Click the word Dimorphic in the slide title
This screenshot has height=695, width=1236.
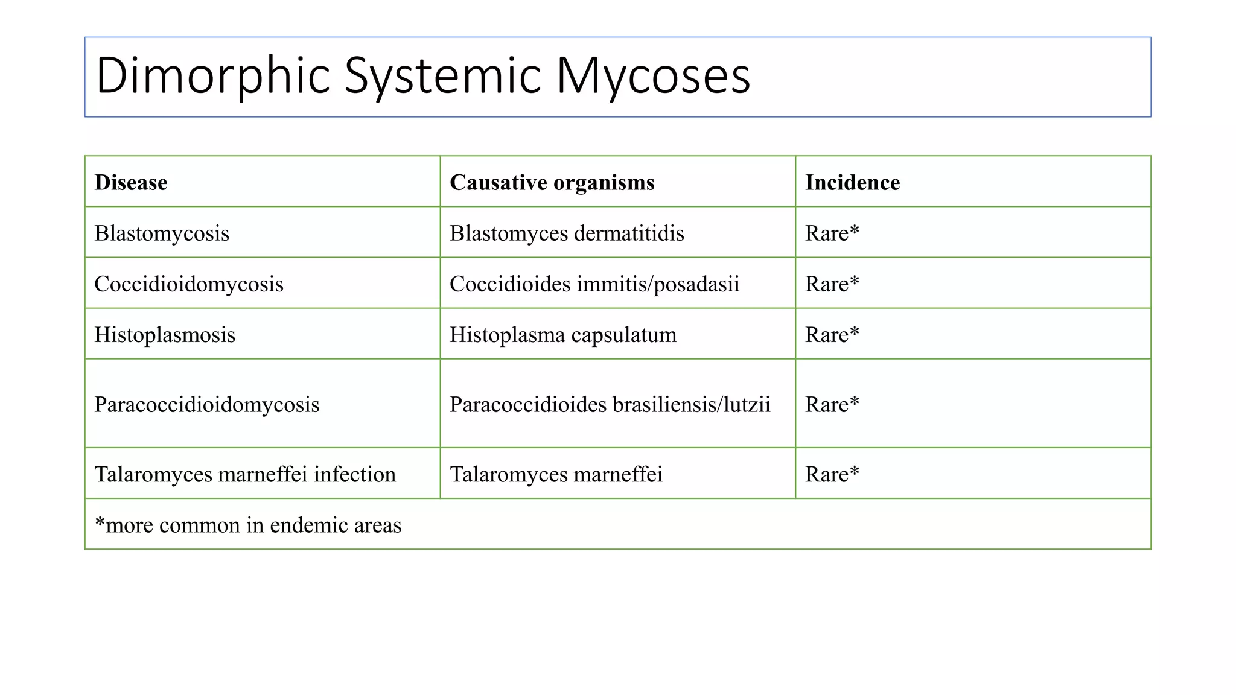pos(213,76)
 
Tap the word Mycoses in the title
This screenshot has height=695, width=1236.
pos(653,76)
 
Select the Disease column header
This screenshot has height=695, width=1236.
pos(131,182)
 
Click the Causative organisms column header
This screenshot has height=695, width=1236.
pos(552,182)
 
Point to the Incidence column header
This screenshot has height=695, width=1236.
pos(852,182)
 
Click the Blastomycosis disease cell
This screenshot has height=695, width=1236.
pos(162,233)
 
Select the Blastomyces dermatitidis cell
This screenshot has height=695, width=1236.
pos(567,233)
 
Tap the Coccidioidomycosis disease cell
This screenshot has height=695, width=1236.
pos(189,284)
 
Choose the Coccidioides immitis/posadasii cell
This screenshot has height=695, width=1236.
pos(594,284)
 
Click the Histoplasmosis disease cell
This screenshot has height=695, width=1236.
pos(165,335)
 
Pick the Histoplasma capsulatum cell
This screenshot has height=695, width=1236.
pos(563,335)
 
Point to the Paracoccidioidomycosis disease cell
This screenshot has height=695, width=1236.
pos(207,405)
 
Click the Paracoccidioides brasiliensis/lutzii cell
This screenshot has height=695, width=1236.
pos(610,405)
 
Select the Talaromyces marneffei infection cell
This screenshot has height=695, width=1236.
pos(245,475)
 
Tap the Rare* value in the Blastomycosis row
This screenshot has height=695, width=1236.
pos(832,233)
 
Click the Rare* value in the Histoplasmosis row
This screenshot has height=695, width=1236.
pos(832,335)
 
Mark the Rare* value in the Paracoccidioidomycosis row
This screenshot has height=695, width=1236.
pos(832,405)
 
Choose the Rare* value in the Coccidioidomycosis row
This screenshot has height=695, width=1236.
pos(832,284)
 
